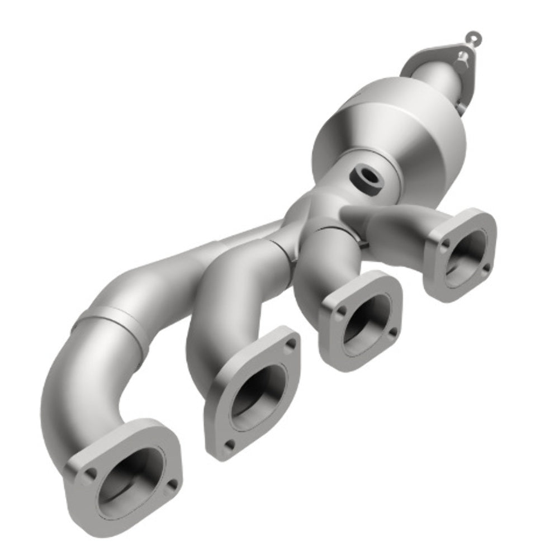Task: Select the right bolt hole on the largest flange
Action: coord(173,485)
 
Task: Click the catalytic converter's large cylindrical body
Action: coord(391,134)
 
